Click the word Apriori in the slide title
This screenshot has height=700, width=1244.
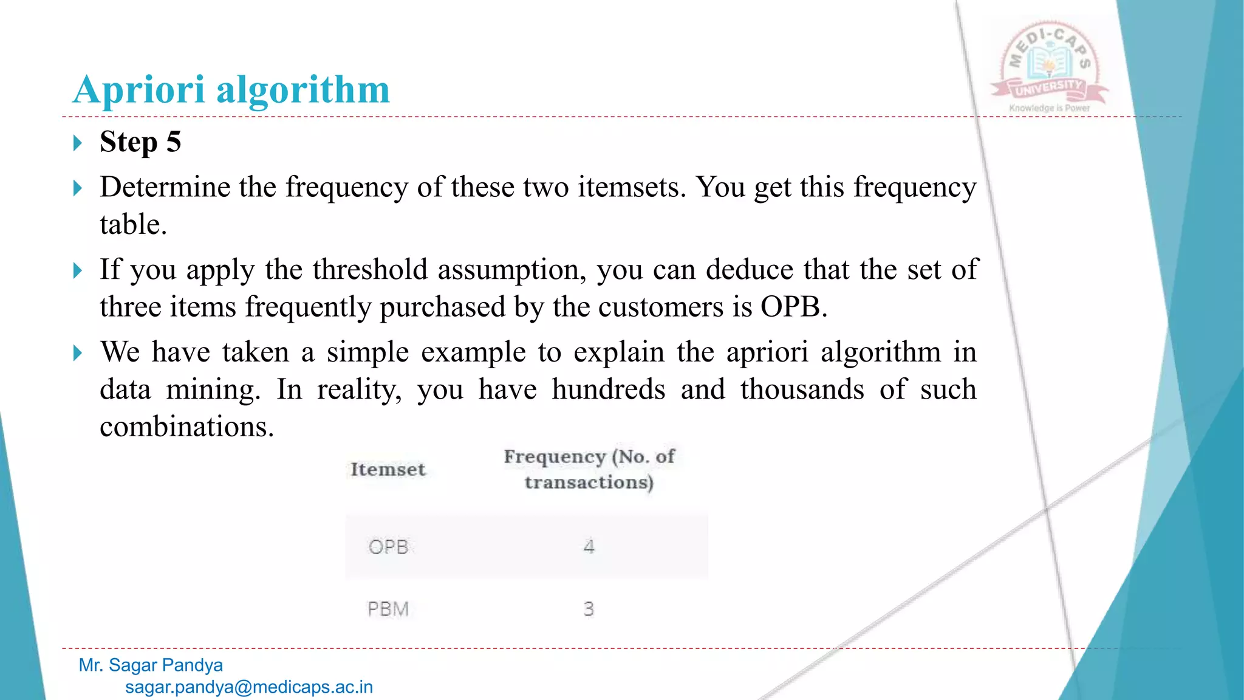click(x=138, y=90)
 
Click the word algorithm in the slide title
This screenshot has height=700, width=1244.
click(x=303, y=90)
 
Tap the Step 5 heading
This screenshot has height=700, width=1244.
click(x=140, y=142)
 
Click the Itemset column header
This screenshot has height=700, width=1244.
click(x=388, y=470)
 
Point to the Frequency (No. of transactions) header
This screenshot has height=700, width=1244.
click(x=589, y=469)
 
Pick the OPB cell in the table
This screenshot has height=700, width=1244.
click(x=388, y=547)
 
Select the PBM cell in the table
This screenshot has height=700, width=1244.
click(x=388, y=609)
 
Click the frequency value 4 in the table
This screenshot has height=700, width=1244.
click(x=589, y=547)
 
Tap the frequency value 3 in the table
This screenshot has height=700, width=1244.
click(x=589, y=609)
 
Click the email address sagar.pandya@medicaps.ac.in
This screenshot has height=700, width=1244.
click(x=249, y=687)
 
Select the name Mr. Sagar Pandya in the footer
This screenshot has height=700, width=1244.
click(x=151, y=665)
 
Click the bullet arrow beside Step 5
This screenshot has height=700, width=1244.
click(x=77, y=143)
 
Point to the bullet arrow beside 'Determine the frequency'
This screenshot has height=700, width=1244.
click(x=77, y=188)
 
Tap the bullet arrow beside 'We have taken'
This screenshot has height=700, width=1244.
click(x=77, y=353)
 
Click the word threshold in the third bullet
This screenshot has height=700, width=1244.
click(x=370, y=269)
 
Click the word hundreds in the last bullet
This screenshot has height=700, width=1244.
click(x=608, y=389)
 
